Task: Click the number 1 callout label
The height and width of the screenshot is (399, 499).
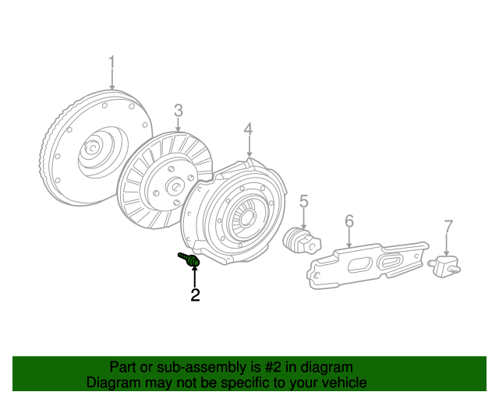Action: [111, 62]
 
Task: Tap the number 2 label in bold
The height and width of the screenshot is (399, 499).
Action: [195, 295]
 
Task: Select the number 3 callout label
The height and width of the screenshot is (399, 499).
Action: [178, 111]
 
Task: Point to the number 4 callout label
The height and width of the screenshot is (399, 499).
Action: [248, 129]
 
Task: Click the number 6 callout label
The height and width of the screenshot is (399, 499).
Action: [349, 221]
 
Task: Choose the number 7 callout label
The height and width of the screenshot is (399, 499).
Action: [448, 227]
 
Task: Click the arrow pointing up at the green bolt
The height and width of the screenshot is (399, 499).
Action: [195, 277]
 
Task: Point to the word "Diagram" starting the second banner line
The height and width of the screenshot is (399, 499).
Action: [113, 383]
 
